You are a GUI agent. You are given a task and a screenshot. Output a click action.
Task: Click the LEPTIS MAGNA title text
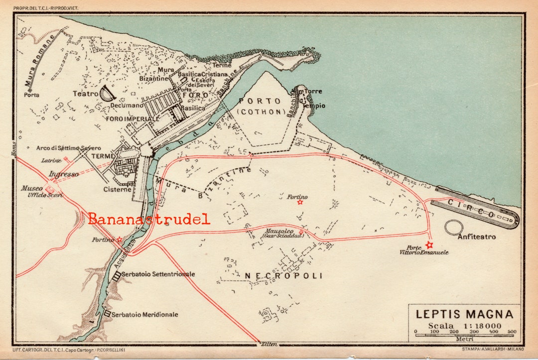(464, 314)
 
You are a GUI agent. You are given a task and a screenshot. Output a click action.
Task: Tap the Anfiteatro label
(477, 237)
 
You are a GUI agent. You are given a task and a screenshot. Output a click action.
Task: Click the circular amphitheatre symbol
(454, 228)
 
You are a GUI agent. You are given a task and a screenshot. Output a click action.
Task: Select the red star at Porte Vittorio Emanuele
(429, 245)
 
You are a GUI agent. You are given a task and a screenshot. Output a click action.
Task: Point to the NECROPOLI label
(283, 275)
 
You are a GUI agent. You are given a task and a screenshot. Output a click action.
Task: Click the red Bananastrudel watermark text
(149, 219)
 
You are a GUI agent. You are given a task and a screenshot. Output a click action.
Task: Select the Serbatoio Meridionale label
(144, 315)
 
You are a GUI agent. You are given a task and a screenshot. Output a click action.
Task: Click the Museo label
(31, 189)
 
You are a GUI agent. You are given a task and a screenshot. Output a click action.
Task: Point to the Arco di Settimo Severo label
(68, 148)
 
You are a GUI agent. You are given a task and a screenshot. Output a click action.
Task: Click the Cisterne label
(118, 189)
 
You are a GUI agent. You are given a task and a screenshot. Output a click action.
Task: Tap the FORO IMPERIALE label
(133, 119)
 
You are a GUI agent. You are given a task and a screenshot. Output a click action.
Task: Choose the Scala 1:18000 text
(464, 326)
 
